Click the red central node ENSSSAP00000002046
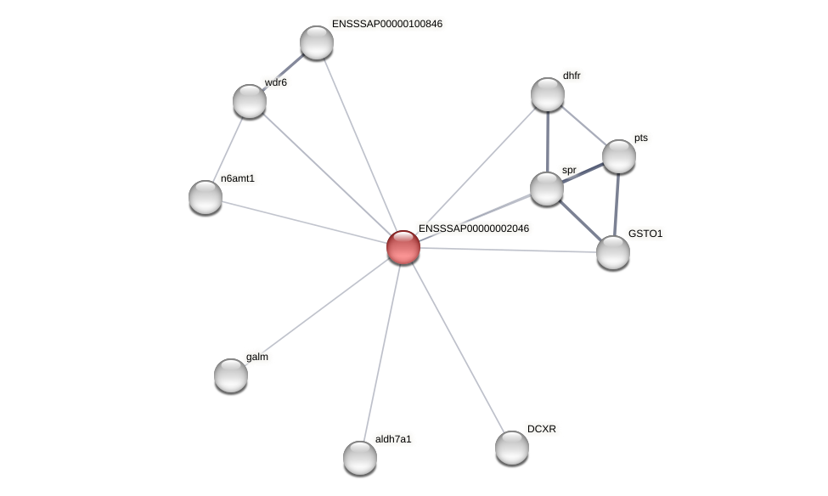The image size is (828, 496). pos(403,247)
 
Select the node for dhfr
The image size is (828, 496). pos(548,94)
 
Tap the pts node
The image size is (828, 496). pos(619,156)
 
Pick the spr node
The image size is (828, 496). pos(547,189)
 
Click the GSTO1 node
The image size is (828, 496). pos(613,252)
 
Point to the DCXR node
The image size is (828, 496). pos(512,448)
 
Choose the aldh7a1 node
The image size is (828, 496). pos(360,458)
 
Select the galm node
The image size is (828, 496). pos(231,375)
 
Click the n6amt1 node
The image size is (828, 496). pos(206,197)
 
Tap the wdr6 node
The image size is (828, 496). pos(250,101)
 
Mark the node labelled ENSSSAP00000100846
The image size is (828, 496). pos(317,42)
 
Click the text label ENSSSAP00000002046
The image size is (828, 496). pos(474,228)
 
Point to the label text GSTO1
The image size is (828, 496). pos(645,234)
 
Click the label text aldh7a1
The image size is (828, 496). pos(393,439)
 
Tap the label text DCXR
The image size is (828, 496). pos(542,429)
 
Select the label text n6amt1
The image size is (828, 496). pos(238,178)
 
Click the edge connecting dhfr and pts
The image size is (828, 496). pos(583,125)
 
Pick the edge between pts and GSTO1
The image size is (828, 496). pos(617,204)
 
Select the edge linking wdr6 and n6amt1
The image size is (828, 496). pos(228,149)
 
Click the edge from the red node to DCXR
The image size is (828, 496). pos(458,347)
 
